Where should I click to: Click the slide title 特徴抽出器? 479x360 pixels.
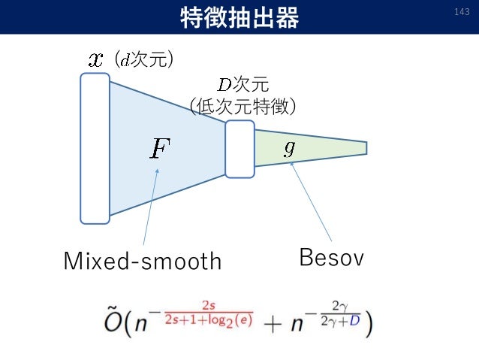click(x=239, y=17)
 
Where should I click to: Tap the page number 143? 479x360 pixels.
click(x=462, y=13)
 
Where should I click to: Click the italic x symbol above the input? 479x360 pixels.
click(x=95, y=59)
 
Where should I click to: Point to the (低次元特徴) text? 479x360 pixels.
click(x=243, y=107)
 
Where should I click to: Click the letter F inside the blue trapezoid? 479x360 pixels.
click(x=160, y=149)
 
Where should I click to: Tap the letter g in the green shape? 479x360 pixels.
click(x=289, y=147)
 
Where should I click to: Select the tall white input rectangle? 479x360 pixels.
click(x=95, y=148)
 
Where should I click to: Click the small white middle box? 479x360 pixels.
click(x=240, y=148)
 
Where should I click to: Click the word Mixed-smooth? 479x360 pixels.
click(x=143, y=262)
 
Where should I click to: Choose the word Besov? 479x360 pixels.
click(x=331, y=259)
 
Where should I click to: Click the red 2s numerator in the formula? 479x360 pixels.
click(x=208, y=305)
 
